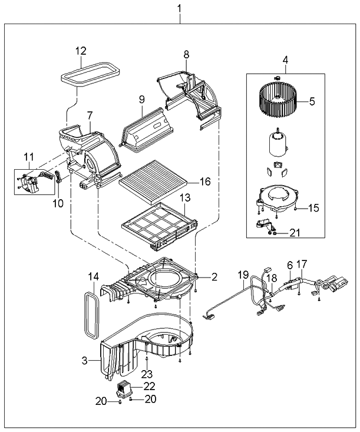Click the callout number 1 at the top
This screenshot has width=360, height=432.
click(x=180, y=9)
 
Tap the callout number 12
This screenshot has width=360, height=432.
click(x=80, y=51)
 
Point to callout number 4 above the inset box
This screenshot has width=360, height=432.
click(x=285, y=60)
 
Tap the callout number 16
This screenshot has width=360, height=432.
click(x=204, y=182)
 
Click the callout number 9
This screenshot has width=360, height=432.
click(x=141, y=100)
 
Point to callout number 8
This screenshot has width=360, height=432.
click(x=186, y=54)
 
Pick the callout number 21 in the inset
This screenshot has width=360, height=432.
click(x=295, y=233)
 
